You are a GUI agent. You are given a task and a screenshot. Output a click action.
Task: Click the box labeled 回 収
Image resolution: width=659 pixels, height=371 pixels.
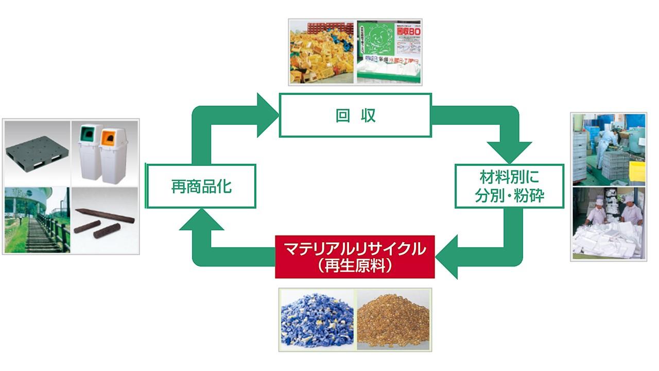click(355, 115)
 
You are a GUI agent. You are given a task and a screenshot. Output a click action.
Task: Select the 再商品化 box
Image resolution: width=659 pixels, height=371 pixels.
click(201, 186)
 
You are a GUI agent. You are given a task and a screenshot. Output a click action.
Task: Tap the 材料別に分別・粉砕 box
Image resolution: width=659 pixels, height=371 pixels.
click(509, 186)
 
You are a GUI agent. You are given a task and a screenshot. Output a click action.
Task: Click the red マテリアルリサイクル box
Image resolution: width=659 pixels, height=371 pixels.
click(355, 257)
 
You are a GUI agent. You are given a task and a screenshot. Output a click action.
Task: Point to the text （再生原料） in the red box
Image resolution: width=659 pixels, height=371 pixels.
click(355, 266)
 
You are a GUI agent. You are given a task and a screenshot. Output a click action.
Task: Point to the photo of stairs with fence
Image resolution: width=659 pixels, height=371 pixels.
click(36, 220)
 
